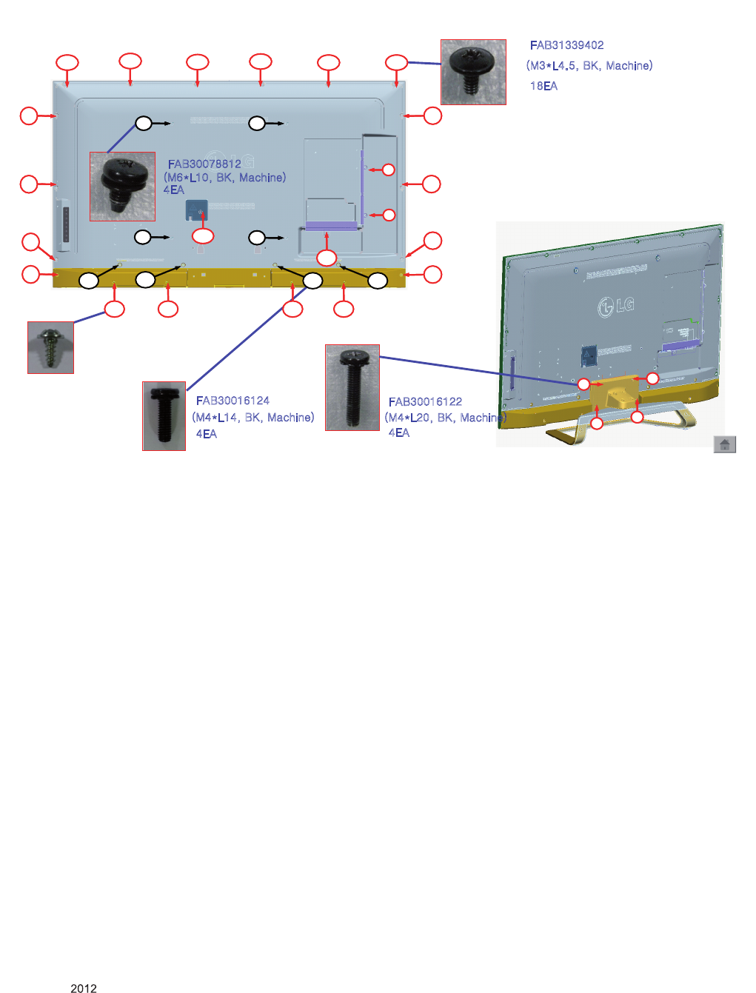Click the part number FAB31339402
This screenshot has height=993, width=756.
pos(566,45)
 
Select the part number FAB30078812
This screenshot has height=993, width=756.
pos(204,164)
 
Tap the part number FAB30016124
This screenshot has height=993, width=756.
pos(233,401)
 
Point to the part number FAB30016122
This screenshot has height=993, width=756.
pos(425,401)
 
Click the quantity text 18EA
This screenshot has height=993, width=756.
pos(543,86)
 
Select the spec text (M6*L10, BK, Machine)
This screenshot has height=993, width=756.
pos(224,177)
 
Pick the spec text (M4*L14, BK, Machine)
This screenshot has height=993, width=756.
pos(252,417)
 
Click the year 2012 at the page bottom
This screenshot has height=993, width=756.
pos(83,988)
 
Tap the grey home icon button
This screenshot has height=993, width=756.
pos(724,444)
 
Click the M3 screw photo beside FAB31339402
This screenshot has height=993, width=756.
pos(473,72)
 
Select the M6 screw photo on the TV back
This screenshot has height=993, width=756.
pos(122,187)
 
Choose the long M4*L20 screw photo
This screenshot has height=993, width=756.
pos(352,387)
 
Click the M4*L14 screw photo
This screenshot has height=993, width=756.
pos(164,415)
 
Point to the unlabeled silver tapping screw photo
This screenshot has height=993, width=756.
pos(50,347)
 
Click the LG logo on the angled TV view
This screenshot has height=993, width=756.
pos(615,307)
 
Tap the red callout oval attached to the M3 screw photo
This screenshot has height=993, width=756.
pos(397,62)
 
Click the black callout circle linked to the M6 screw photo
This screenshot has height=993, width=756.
pos(144,123)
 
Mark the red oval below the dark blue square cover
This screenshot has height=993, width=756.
pos(203,235)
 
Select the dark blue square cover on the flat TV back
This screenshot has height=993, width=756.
pos(197,210)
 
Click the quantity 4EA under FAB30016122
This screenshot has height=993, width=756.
pos(399,432)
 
